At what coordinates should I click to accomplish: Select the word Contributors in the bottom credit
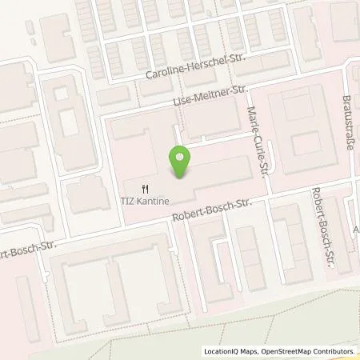coord(332,351)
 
